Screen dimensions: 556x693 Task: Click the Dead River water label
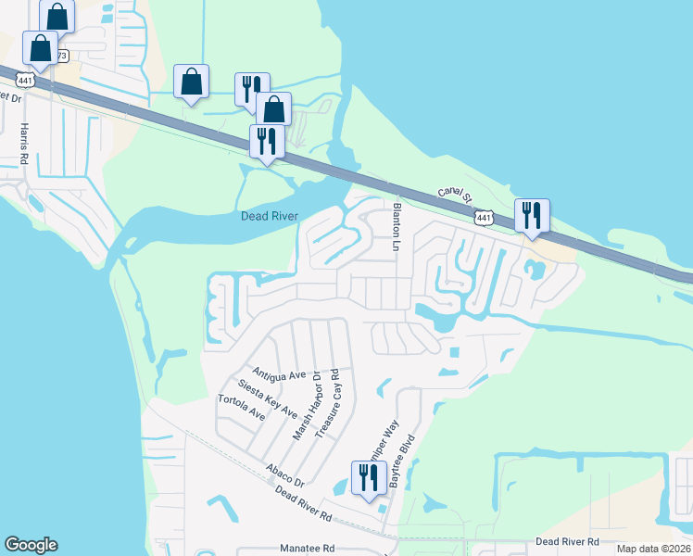tap(269, 216)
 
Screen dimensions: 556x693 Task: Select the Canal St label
tap(456, 196)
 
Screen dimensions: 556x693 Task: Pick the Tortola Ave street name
tap(241, 407)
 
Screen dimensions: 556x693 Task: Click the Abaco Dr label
tap(284, 476)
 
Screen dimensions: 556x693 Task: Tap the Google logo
tap(31, 545)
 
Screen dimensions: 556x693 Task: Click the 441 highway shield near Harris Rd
tap(25, 82)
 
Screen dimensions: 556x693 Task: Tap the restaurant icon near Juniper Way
tap(370, 478)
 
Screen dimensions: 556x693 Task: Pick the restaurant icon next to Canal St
tap(532, 215)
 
